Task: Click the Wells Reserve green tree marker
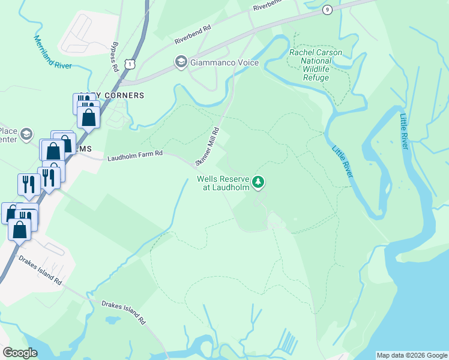(258, 181)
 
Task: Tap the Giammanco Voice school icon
(180, 62)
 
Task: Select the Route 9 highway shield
(327, 10)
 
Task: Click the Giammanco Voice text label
(224, 62)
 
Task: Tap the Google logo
(20, 352)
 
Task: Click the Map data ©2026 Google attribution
(412, 355)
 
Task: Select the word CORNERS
(125, 95)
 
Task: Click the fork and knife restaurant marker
(29, 184)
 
